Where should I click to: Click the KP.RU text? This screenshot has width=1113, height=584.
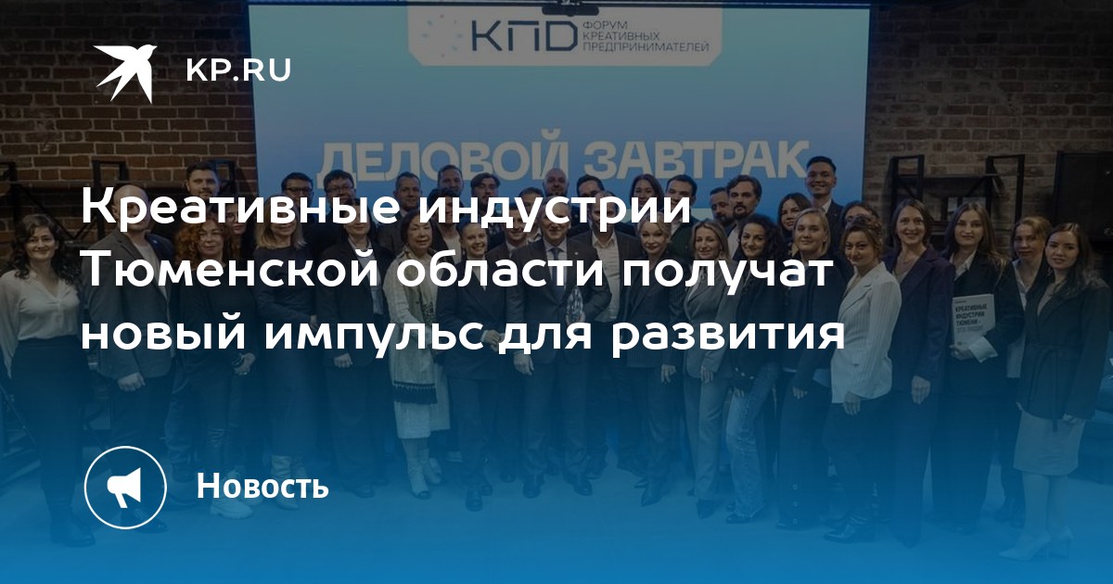(x=238, y=70)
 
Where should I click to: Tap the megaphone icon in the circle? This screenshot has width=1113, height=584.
(x=125, y=487)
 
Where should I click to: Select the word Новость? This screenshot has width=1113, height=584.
(x=262, y=486)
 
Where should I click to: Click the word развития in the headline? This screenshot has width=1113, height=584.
(x=728, y=336)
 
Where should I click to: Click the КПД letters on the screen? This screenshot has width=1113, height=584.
(x=521, y=37)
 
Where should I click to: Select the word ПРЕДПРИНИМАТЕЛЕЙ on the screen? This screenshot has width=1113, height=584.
(x=645, y=47)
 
